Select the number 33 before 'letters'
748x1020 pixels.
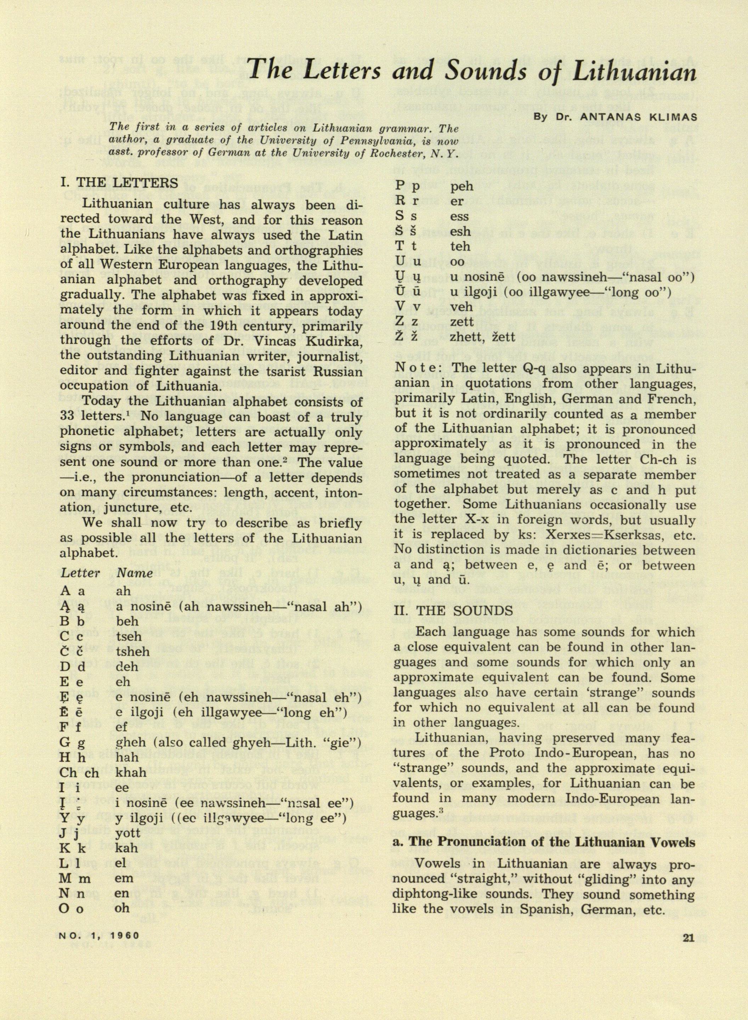click(68, 417)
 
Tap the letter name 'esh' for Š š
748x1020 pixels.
click(460, 231)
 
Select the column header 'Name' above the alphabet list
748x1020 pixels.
click(135, 573)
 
